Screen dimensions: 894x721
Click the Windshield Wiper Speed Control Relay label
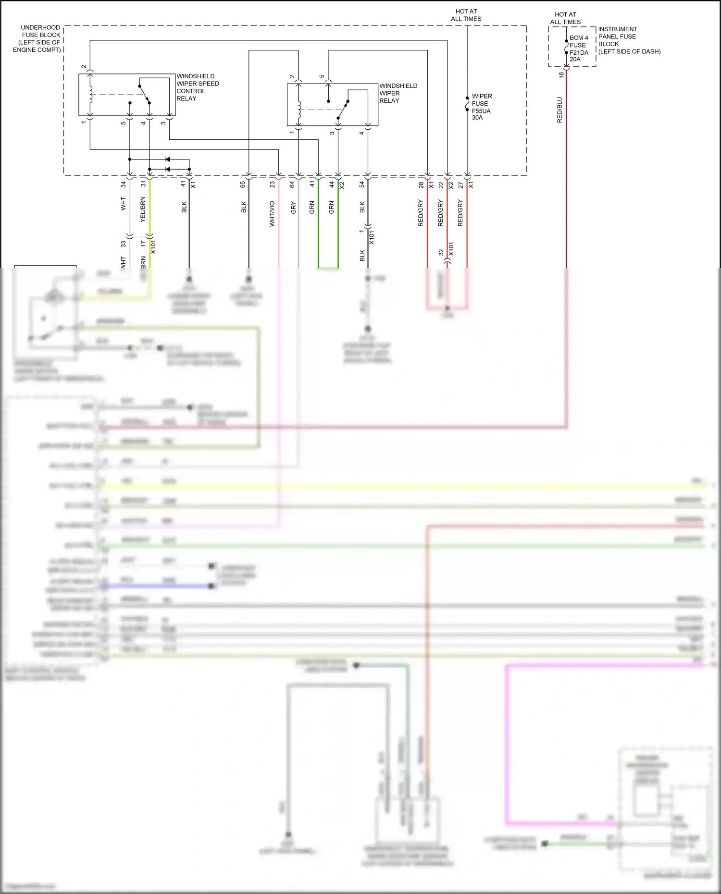[197, 87]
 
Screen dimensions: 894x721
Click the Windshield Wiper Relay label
[398, 93]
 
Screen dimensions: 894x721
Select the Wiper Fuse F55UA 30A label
[481, 107]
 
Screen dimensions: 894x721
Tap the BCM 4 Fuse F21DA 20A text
[578, 49]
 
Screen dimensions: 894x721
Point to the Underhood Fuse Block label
[37, 38]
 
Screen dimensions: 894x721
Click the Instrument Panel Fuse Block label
[629, 40]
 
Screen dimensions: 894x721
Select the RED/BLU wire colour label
[559, 110]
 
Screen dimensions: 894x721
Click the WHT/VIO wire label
[273, 214]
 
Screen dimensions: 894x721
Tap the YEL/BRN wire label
[143, 209]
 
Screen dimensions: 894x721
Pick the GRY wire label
[293, 208]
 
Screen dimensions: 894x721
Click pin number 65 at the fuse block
[243, 184]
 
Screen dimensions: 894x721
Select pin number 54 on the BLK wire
[362, 184]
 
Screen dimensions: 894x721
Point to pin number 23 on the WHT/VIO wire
[273, 184]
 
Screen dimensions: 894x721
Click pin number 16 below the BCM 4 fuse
[561, 75]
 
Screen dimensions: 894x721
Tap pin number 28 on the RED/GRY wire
[421, 184]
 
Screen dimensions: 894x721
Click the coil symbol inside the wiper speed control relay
[89, 94]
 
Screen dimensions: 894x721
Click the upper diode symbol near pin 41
[167, 159]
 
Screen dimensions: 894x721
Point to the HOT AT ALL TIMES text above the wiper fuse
[466, 15]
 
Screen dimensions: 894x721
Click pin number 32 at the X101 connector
[441, 252]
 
